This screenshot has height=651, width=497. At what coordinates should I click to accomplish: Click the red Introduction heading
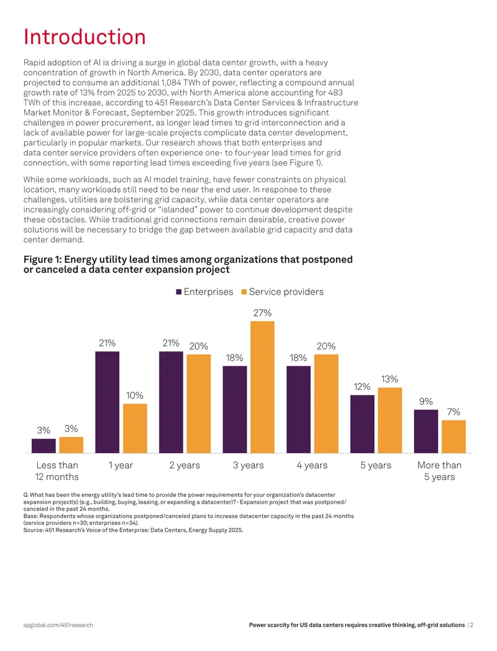click(84, 37)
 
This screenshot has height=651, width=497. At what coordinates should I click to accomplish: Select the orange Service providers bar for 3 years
click(262, 387)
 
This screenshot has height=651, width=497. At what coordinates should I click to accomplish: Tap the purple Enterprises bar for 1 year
click(107, 402)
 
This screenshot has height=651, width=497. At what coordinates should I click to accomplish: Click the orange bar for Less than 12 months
click(71, 445)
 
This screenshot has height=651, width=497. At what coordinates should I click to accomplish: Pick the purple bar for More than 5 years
click(426, 432)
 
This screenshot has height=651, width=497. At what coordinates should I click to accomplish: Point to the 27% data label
click(262, 313)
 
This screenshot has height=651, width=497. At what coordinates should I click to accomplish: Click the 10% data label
click(135, 395)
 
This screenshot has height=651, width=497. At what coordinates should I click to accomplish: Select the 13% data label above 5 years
click(390, 379)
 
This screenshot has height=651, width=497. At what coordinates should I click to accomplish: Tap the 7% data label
click(454, 412)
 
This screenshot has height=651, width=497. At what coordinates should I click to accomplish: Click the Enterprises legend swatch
click(179, 292)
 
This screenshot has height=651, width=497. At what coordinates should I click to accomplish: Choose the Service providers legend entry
click(283, 292)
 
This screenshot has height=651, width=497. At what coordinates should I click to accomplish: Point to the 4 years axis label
click(312, 466)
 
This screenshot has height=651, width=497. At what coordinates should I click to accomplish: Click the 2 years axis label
click(185, 466)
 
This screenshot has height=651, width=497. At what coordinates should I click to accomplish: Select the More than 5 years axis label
click(439, 471)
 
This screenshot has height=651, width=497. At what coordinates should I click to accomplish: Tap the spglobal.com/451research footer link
click(58, 625)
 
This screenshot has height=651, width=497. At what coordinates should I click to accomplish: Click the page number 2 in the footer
click(472, 625)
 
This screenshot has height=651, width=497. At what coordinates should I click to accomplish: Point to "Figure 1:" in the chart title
click(42, 259)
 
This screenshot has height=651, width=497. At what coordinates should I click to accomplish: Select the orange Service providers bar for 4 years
click(326, 404)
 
